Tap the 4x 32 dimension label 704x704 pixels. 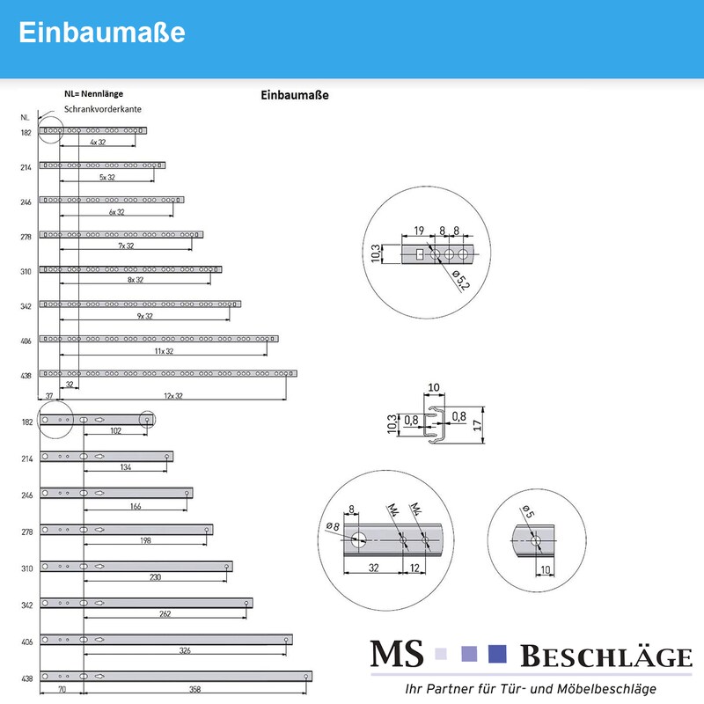[x=98, y=142]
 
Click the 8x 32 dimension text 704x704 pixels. [x=136, y=280]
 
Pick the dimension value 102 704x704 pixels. [x=114, y=431]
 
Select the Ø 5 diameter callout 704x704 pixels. [x=528, y=514]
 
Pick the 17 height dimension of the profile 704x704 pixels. [x=476, y=424]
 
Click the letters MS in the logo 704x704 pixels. [x=396, y=655]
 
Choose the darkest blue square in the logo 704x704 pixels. [x=498, y=654]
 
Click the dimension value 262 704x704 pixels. [x=164, y=613]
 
